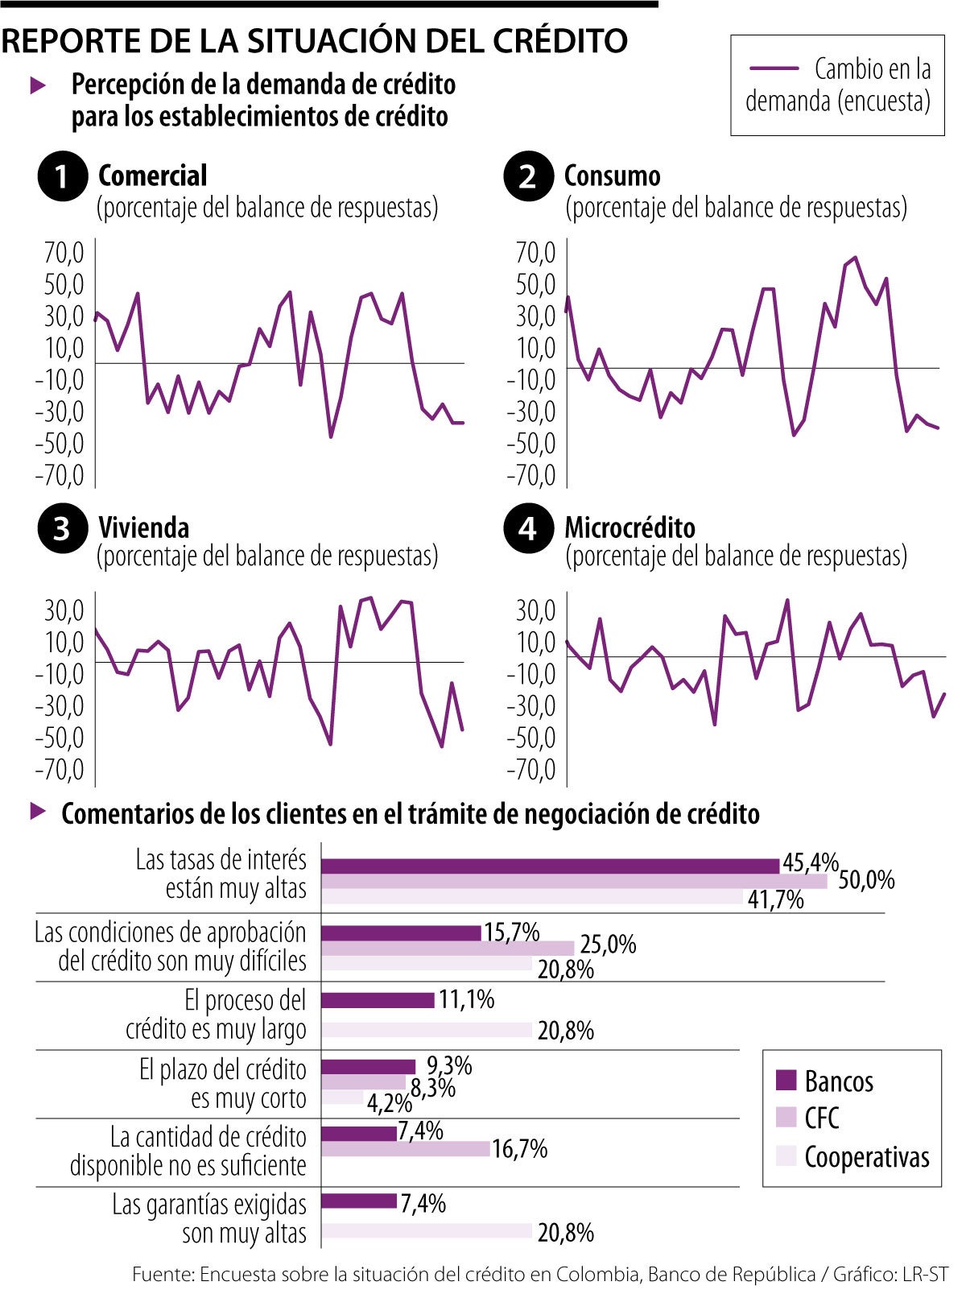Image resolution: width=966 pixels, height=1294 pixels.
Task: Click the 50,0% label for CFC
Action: [866, 880]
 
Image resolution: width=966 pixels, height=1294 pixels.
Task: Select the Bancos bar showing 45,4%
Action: [550, 866]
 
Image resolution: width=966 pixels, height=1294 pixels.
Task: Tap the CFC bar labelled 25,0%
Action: [447, 948]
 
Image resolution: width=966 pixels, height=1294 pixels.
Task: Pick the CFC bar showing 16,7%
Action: [405, 1148]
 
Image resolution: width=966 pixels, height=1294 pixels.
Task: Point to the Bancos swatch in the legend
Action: [786, 1081]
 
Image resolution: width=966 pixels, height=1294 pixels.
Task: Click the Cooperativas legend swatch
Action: [786, 1156]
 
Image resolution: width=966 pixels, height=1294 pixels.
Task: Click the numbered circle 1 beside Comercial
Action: [62, 176]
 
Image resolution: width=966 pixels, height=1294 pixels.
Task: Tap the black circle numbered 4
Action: [527, 528]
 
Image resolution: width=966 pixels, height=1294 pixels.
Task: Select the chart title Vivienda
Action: [144, 528]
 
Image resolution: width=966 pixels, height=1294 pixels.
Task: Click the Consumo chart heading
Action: [612, 176]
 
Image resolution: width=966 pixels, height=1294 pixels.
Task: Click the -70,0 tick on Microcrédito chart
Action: [531, 770]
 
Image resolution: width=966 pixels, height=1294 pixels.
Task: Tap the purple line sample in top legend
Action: [773, 69]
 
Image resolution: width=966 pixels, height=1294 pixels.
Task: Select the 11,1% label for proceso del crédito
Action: [466, 1000]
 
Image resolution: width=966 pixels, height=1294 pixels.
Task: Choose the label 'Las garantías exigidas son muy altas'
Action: [209, 1218]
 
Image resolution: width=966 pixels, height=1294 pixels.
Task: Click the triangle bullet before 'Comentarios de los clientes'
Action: [38, 812]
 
